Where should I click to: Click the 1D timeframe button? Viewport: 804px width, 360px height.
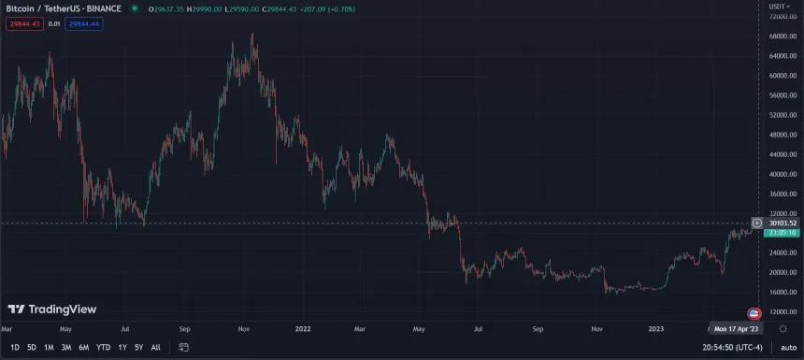click(14, 347)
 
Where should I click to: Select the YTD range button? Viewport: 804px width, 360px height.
click(103, 347)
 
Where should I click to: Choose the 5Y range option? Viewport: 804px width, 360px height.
click(138, 347)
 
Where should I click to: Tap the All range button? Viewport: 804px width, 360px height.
click(155, 347)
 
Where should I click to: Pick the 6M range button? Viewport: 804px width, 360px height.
click(83, 347)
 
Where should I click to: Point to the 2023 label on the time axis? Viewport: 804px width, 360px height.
click(656, 329)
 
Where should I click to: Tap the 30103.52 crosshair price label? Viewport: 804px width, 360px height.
click(783, 223)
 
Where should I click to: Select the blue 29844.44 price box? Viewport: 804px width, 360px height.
click(83, 23)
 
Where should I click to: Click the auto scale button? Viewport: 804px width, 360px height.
click(787, 347)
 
